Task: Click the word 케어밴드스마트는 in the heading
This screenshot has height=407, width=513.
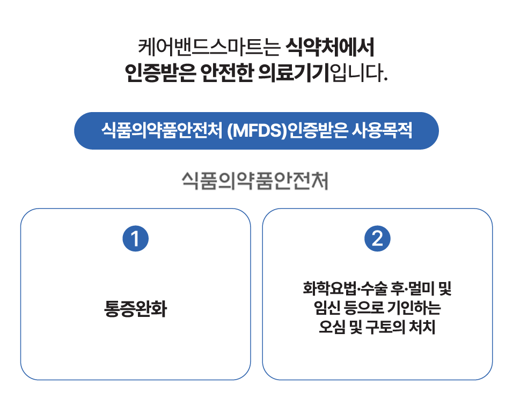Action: (x=209, y=48)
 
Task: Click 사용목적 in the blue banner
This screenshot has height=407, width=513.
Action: (x=382, y=130)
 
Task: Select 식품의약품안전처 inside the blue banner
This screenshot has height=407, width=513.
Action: (x=161, y=130)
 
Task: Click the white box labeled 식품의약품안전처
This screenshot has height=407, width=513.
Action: (x=255, y=180)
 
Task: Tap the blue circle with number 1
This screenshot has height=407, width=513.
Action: (x=135, y=239)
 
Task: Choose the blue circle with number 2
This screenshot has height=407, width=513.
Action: (x=377, y=239)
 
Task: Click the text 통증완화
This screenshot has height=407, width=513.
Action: (x=135, y=310)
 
